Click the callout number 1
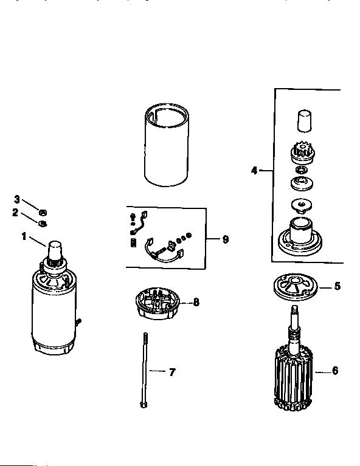[24, 236]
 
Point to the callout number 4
[254, 171]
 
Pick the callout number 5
[337, 286]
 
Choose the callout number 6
[335, 371]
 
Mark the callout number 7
[172, 372]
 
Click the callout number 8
[196, 301]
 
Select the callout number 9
[225, 239]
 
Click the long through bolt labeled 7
[146, 371]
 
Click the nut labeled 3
[43, 212]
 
